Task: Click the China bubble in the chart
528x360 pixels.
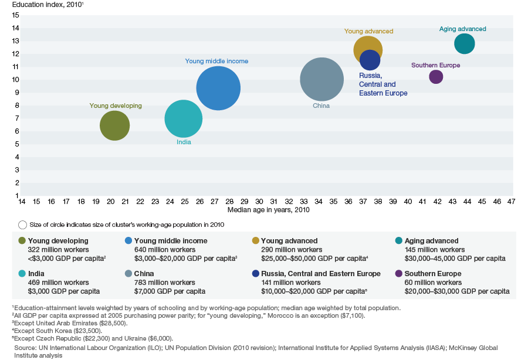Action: click(321, 79)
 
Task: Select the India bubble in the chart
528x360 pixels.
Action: click(184, 119)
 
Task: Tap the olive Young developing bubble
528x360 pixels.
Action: click(114, 125)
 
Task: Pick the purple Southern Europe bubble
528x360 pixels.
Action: click(436, 76)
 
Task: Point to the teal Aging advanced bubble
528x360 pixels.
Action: click(464, 43)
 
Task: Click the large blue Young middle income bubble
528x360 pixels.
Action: click(218, 88)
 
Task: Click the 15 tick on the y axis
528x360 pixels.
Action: click(16, 15)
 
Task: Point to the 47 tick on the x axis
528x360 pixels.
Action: click(511, 202)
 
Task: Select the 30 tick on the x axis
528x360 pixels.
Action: click(259, 202)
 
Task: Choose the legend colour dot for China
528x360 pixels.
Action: click(128, 274)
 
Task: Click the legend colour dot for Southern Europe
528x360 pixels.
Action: click(399, 274)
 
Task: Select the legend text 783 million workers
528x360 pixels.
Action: click(165, 283)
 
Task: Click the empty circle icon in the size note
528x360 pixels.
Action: click(23, 225)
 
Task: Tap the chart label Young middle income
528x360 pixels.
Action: click(216, 61)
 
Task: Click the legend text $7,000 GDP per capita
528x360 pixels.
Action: click(170, 291)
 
